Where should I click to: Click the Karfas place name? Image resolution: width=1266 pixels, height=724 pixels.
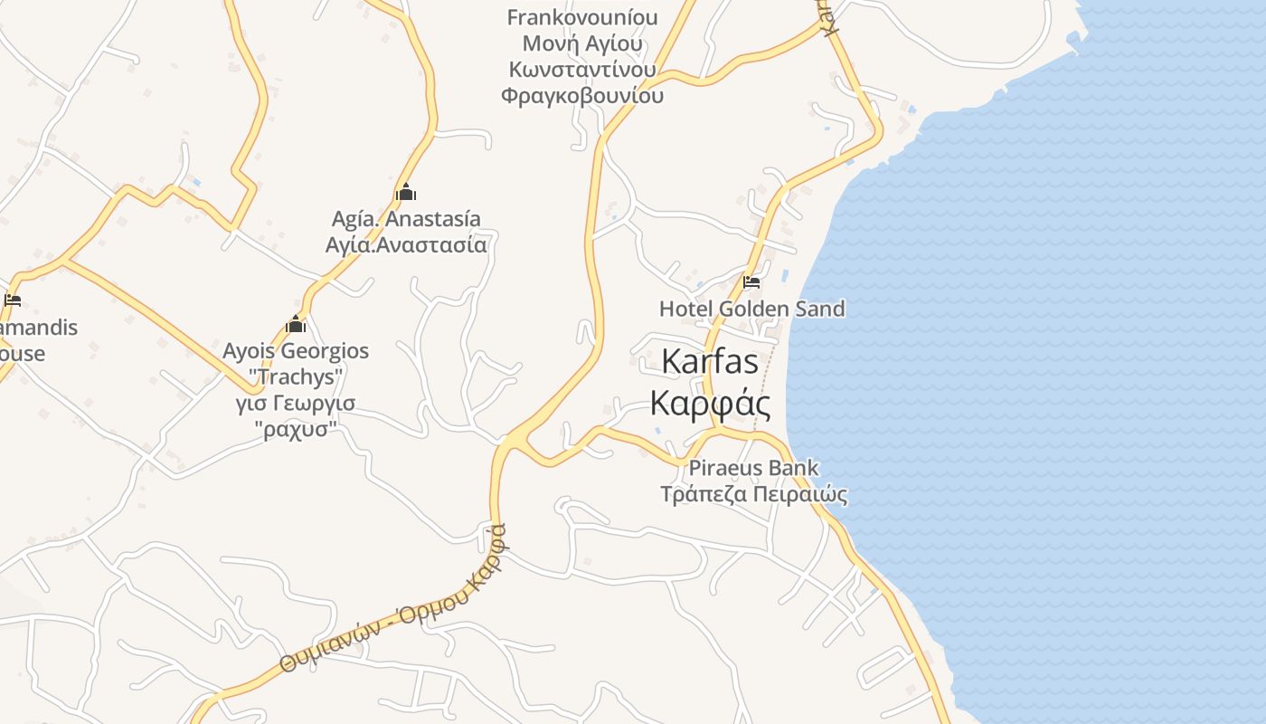click(x=710, y=361)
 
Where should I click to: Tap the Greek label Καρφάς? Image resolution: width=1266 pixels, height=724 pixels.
click(x=711, y=403)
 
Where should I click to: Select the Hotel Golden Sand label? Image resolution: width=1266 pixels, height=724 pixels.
click(x=751, y=309)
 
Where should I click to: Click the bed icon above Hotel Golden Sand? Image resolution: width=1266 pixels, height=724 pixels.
click(x=751, y=281)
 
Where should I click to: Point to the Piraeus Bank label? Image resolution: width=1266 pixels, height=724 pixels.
click(x=753, y=468)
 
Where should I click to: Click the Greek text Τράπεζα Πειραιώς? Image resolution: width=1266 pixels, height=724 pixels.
click(x=753, y=494)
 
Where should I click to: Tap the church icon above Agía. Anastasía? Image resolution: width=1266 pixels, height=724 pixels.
click(x=406, y=192)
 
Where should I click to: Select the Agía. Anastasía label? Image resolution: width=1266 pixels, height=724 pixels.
click(x=406, y=219)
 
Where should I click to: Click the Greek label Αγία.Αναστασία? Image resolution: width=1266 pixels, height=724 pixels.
click(x=406, y=244)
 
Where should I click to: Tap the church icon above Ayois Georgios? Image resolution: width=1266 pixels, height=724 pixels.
click(x=296, y=324)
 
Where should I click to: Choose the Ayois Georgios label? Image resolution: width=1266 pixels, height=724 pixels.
click(x=296, y=350)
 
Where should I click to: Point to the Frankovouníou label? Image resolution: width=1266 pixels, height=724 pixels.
click(x=582, y=17)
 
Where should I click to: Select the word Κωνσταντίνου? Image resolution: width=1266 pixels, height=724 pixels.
click(x=582, y=70)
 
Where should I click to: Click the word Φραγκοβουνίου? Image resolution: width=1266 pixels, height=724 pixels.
click(x=582, y=95)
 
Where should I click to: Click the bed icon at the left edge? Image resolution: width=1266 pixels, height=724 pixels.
click(x=12, y=300)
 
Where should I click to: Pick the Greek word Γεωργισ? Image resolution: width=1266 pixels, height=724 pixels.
click(x=316, y=403)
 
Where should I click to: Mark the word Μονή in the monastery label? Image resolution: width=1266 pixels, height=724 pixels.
click(x=553, y=43)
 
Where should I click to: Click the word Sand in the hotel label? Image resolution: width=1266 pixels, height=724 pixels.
click(x=818, y=309)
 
